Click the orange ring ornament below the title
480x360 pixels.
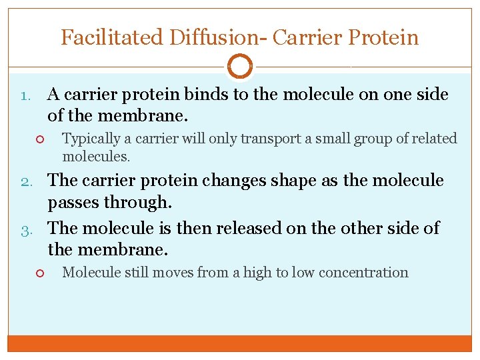240,67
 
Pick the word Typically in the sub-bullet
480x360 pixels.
90,139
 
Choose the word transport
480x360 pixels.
261,139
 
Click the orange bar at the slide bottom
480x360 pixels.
240,343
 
